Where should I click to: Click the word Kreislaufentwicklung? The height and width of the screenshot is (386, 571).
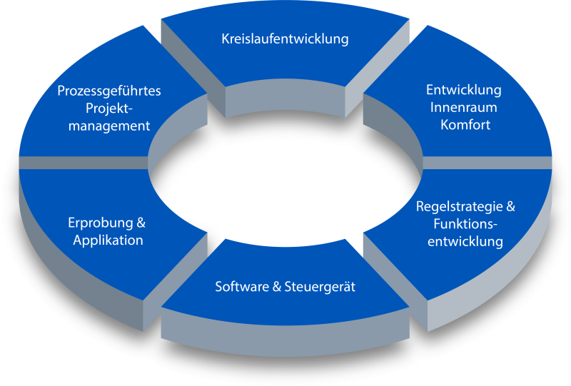click(x=285, y=39)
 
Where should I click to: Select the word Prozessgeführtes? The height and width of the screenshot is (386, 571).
click(x=109, y=91)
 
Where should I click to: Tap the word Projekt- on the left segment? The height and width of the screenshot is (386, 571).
click(x=109, y=108)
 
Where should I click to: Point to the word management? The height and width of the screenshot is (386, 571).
click(x=109, y=126)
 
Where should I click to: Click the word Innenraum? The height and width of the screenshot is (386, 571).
click(x=464, y=108)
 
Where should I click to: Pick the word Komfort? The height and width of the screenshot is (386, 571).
click(x=464, y=125)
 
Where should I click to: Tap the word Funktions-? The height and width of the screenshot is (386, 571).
click(x=465, y=224)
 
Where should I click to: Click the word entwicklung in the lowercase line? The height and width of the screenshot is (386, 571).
click(x=465, y=241)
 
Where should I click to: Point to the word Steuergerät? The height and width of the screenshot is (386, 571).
click(x=320, y=287)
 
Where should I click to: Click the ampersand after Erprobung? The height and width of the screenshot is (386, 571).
click(x=141, y=223)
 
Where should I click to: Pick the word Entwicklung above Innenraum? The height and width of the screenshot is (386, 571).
click(x=464, y=91)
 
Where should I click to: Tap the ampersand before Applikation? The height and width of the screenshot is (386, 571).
click(x=78, y=240)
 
